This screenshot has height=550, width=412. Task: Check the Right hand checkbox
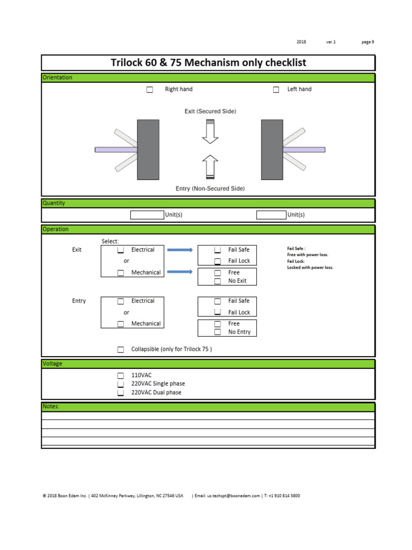click(150, 90)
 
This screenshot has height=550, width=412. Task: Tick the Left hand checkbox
click(276, 90)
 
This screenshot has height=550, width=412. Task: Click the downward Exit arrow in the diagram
click(210, 132)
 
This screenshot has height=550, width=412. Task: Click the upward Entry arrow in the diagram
click(210, 167)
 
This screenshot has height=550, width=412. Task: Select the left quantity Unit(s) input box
click(147, 215)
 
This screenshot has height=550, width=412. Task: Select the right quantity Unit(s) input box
click(271, 215)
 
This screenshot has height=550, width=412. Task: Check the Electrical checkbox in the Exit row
click(121, 250)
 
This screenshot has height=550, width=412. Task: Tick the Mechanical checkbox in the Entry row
click(121, 324)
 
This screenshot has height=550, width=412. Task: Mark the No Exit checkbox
click(218, 281)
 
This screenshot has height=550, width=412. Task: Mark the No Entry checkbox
click(218, 332)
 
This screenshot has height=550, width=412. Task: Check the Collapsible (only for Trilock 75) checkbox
click(121, 350)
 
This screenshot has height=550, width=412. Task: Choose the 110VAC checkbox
click(121, 375)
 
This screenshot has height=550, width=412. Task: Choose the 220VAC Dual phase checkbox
click(121, 393)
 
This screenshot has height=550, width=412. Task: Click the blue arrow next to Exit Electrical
click(180, 250)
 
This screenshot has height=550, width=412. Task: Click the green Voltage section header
click(208, 364)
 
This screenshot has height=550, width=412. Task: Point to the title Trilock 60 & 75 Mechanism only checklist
click(208, 63)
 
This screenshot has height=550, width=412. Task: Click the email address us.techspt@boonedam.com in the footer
click(233, 496)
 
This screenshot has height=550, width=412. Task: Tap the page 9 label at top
click(368, 42)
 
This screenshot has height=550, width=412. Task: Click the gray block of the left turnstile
click(148, 149)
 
